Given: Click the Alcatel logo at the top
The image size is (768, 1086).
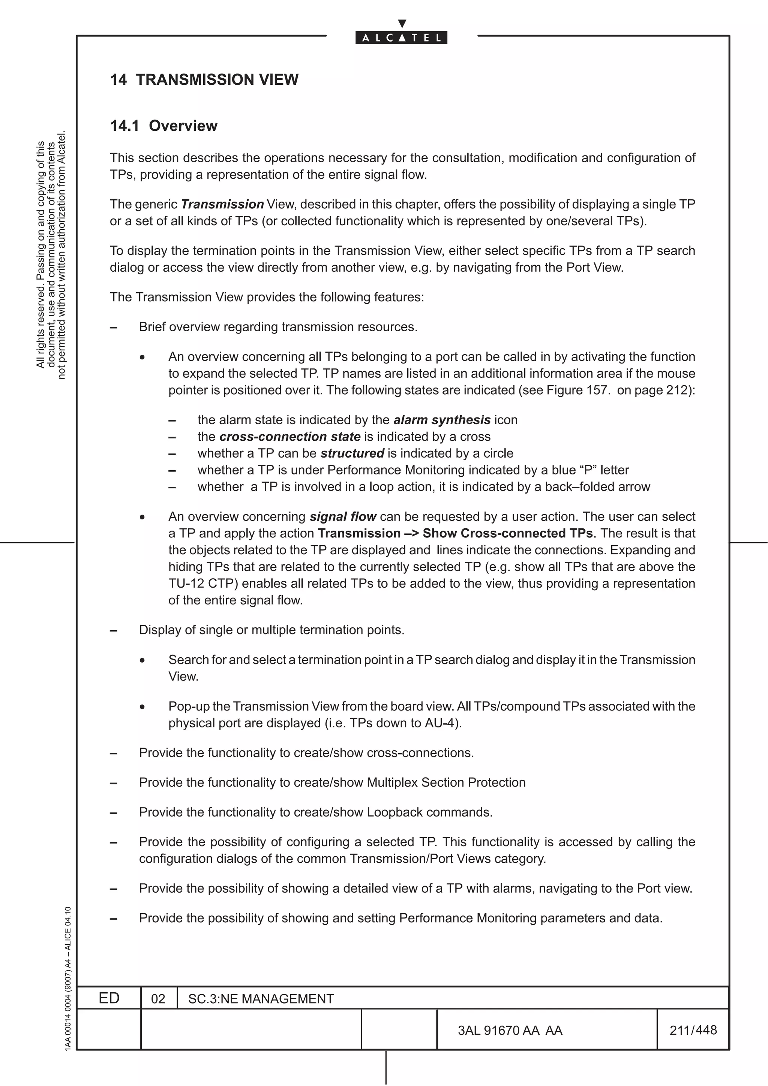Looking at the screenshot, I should [x=401, y=37].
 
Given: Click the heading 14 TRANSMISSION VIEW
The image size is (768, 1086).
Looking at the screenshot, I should [x=204, y=79].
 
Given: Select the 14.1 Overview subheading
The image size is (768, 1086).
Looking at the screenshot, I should [x=164, y=126].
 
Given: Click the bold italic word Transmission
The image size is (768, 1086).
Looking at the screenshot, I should [x=222, y=204].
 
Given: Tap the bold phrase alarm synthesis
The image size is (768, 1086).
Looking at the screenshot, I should [x=442, y=420].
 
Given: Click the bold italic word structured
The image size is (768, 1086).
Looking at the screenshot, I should [x=352, y=453].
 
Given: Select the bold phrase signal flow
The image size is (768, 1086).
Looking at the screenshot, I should [x=343, y=516].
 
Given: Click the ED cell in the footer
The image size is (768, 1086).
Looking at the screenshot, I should [x=109, y=998].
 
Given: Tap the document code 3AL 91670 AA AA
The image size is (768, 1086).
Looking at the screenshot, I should [x=510, y=1031].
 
